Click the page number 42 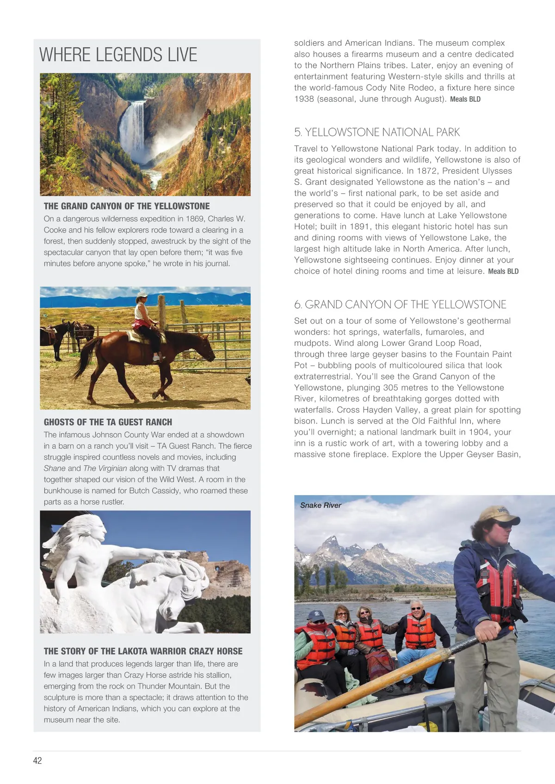tap(37, 760)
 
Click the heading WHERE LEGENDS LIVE tap(118, 55)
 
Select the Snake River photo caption tap(321, 505)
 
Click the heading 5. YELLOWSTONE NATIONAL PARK tap(377, 132)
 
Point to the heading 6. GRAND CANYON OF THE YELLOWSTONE tap(400, 305)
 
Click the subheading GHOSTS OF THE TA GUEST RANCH tap(108, 422)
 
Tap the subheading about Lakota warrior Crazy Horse tap(143, 651)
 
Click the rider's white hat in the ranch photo tap(142, 294)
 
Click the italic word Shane tap(55, 468)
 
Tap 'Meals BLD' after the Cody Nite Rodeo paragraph tap(465, 99)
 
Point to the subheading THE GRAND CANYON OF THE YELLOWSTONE tap(127, 206)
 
